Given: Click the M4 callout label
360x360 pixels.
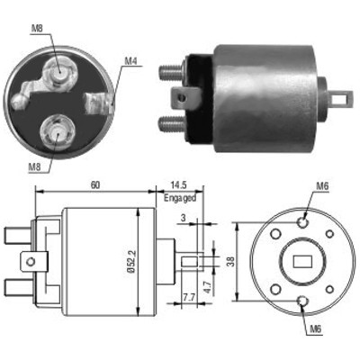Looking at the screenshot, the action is point(130,61).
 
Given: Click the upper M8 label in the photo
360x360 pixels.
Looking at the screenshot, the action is point(37,29).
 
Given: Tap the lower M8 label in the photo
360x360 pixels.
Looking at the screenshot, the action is point(34,167).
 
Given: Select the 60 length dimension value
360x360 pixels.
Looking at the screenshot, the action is point(95,185).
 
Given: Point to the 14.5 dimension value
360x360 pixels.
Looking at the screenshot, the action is point(179,185).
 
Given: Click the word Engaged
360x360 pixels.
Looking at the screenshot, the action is point(180,198).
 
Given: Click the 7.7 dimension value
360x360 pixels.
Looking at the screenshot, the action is point(189,298).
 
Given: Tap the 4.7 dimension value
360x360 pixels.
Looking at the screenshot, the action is point(210,286).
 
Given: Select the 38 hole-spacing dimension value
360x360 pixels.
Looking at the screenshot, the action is point(230,262).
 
